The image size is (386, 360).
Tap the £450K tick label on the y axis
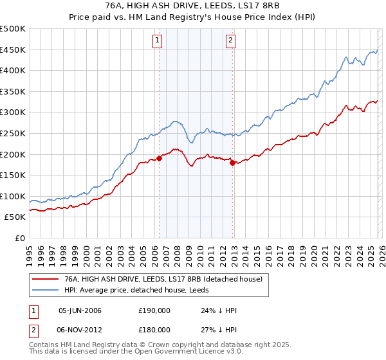(x=13, y=50)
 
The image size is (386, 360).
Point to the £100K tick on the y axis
(x=13, y=196)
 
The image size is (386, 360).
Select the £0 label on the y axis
(x=19, y=238)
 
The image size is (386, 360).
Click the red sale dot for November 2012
(x=232, y=163)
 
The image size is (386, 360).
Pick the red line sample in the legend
(x=46, y=280)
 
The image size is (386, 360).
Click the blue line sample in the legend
(x=46, y=290)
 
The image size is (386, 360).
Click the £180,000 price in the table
(x=153, y=329)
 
